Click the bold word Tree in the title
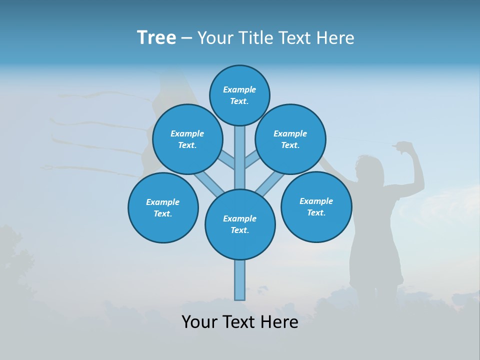pyautogui.click(x=156, y=38)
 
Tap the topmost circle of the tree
pyautogui.click(x=239, y=95)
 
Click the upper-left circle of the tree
pyautogui.click(x=187, y=139)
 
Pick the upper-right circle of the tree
pyautogui.click(x=290, y=139)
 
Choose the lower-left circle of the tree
pyautogui.click(x=163, y=207)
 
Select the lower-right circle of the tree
pyautogui.click(x=316, y=206)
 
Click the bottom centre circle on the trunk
pyautogui.click(x=240, y=224)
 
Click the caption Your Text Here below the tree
pyautogui.click(x=240, y=322)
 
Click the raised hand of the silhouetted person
pyautogui.click(x=402, y=146)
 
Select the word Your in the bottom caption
pyautogui.click(x=199, y=322)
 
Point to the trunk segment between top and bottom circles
pyautogui.click(x=240, y=157)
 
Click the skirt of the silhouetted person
pyautogui.click(x=375, y=265)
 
